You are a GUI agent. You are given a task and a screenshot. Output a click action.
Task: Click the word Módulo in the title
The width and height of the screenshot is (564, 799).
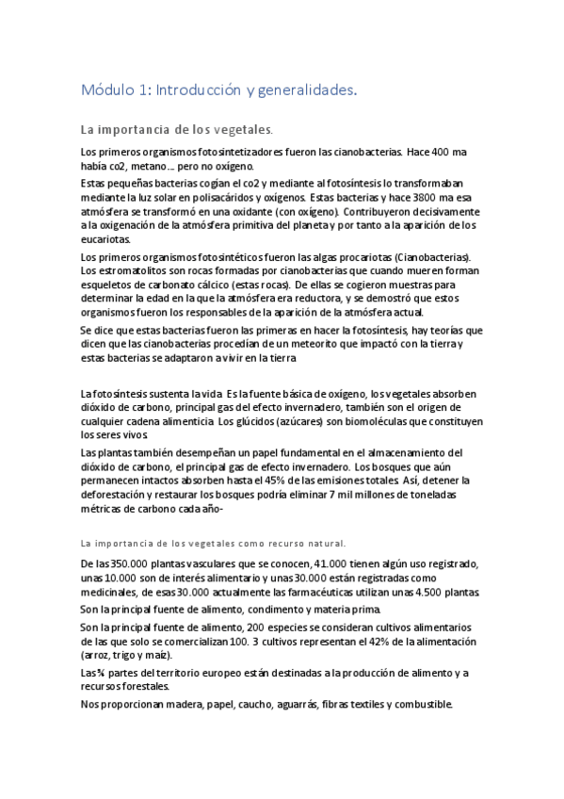(x=108, y=90)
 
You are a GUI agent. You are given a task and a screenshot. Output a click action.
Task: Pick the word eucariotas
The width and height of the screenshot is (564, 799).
(x=106, y=239)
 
